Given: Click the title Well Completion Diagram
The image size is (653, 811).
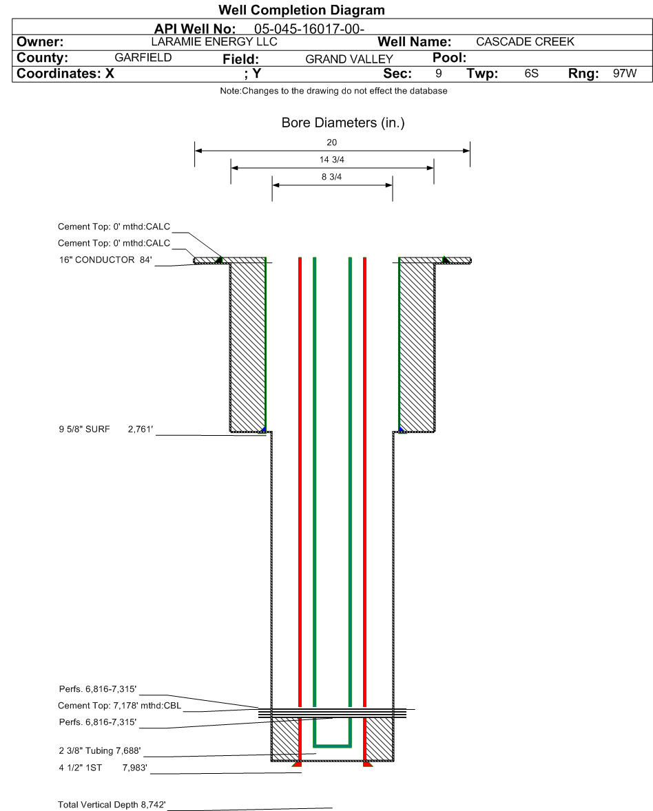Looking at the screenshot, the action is tap(302, 10).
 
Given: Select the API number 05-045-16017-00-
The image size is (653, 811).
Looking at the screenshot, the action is tap(309, 29).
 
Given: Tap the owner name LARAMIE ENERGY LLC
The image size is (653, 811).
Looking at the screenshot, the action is tap(214, 41).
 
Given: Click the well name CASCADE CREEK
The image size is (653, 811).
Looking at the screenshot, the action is tap(525, 41).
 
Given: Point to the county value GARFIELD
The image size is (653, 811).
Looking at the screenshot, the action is tap(143, 57).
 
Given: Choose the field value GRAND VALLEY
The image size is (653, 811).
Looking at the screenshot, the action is tap(349, 59).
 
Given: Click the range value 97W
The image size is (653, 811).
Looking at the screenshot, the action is tap(625, 73).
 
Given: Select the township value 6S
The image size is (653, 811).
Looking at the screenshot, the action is tap(531, 73).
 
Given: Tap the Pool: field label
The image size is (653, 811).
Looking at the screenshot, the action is tap(449, 57).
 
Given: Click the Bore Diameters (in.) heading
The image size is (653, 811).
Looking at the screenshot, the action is tap(343, 123).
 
